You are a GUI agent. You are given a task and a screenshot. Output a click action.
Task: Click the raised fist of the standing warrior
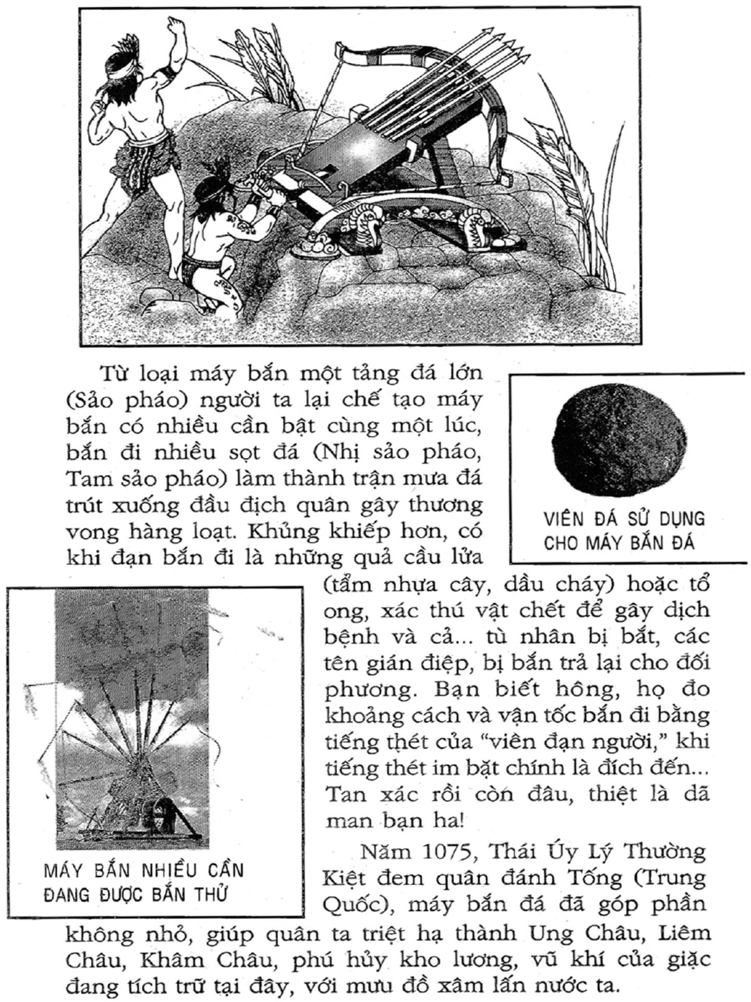(x=176, y=25)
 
